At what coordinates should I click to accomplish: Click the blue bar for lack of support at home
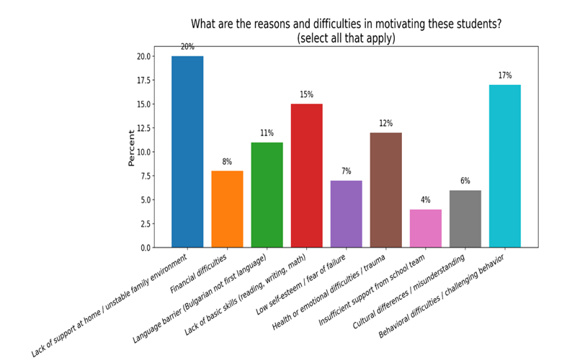click(187, 151)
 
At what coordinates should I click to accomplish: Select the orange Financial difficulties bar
click(227, 209)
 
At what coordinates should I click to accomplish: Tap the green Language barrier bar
click(267, 194)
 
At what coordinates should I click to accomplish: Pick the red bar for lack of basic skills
click(306, 176)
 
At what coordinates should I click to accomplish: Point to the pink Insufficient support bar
click(425, 228)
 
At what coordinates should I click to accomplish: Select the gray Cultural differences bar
click(465, 219)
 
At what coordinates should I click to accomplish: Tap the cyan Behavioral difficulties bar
click(504, 166)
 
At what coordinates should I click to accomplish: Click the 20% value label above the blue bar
click(187, 47)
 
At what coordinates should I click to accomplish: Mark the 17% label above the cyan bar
click(504, 75)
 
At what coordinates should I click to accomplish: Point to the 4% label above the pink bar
click(425, 199)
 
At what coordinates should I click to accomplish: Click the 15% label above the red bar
click(306, 94)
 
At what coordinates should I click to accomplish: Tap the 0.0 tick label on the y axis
click(145, 248)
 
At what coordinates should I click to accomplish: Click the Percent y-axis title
click(132, 148)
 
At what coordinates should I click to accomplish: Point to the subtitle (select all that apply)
click(346, 38)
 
